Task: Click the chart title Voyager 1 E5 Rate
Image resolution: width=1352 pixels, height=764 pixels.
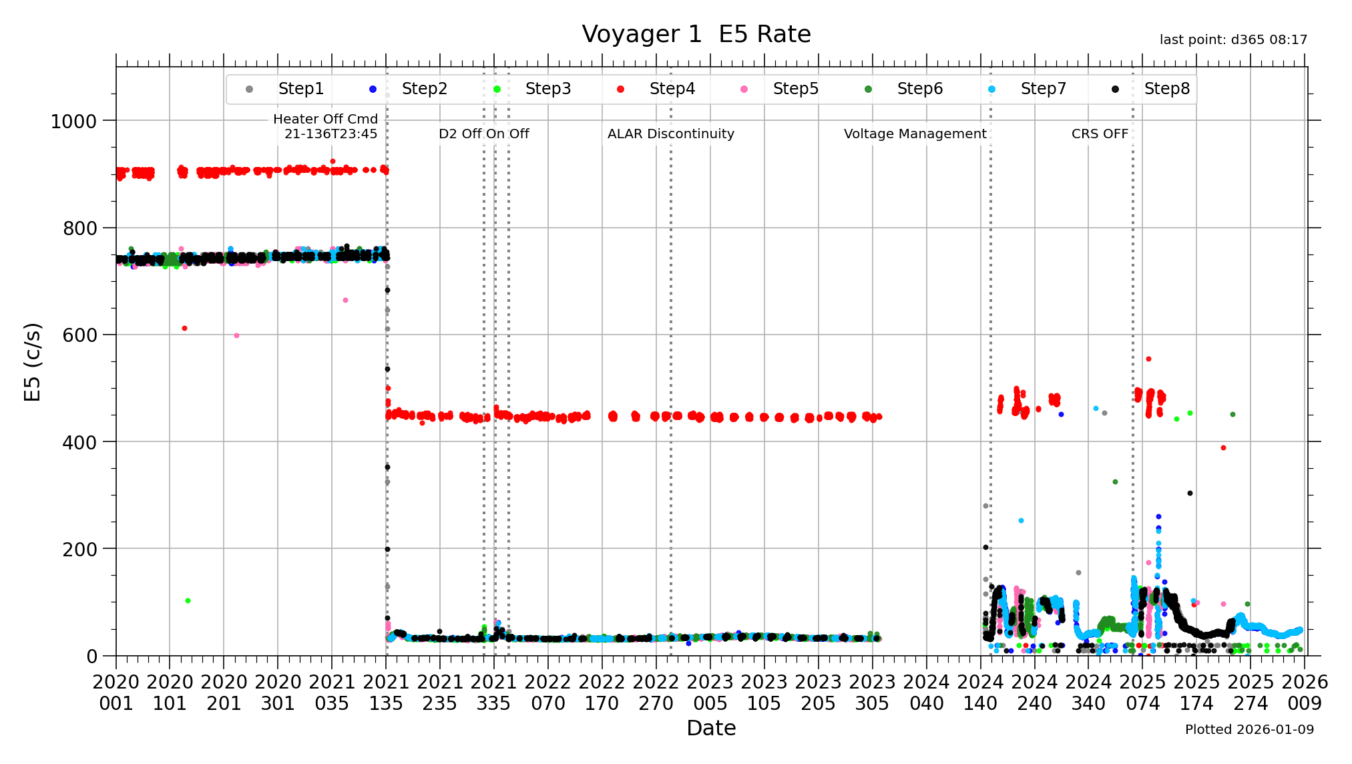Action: click(696, 34)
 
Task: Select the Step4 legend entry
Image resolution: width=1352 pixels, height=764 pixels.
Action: click(672, 89)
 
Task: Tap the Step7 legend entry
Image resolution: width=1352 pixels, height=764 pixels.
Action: click(1043, 89)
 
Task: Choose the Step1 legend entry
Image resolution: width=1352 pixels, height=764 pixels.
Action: click(300, 89)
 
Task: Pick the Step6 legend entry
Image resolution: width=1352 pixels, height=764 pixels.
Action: click(919, 89)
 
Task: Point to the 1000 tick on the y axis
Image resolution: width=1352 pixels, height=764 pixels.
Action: click(73, 122)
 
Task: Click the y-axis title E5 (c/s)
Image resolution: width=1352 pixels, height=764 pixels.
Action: click(32, 362)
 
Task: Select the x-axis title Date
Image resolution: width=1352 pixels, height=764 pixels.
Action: click(711, 728)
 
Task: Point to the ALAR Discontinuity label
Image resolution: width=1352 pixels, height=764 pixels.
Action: click(670, 134)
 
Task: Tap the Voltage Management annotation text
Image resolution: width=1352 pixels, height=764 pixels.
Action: click(915, 134)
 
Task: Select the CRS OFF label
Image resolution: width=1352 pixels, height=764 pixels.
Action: click(1100, 134)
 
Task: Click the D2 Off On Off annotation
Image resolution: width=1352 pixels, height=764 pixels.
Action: click(483, 134)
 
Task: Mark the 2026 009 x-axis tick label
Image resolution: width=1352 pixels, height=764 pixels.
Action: click(1305, 693)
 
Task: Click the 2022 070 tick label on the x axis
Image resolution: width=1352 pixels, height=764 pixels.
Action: click(547, 693)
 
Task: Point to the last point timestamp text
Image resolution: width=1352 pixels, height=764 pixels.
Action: click(1233, 40)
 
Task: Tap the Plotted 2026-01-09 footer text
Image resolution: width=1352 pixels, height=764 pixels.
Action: click(1249, 730)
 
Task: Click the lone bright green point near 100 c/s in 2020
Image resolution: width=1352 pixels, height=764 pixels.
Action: click(188, 600)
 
